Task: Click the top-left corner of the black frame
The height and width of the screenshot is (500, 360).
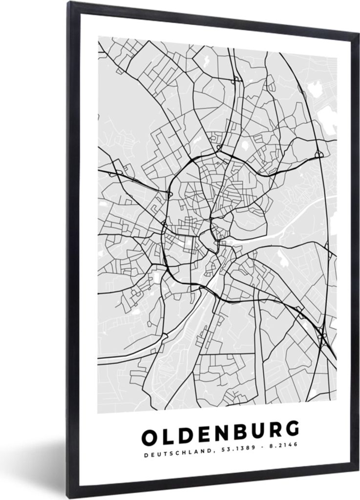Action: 70,3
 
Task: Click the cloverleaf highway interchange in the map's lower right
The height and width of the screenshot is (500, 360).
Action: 322,336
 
